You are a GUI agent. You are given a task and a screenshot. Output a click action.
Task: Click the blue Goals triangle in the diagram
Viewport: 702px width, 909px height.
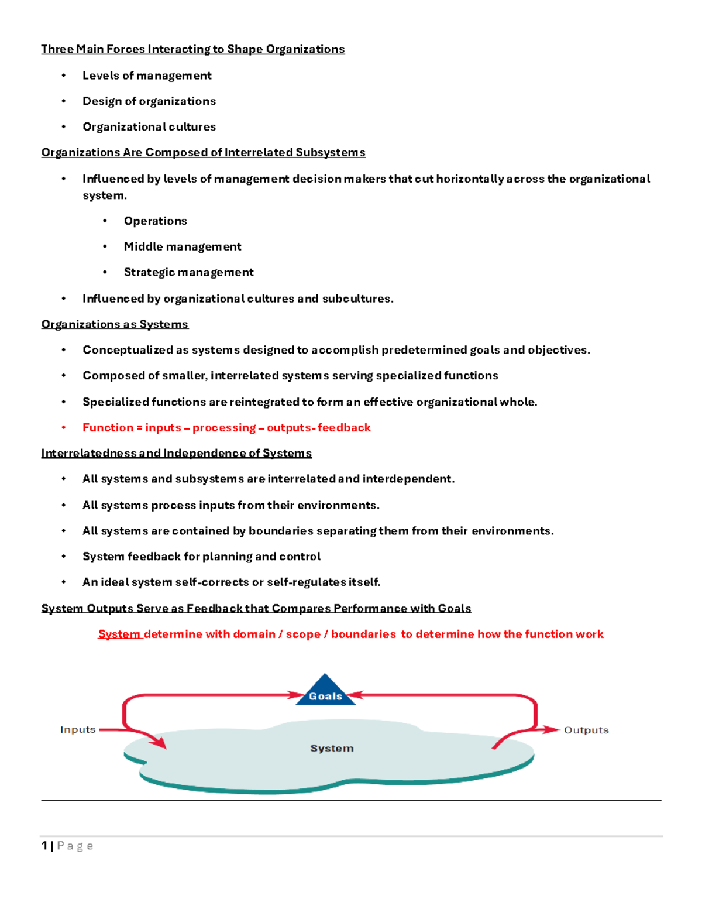(325, 692)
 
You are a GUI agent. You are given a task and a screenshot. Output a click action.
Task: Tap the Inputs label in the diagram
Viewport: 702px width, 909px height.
(78, 730)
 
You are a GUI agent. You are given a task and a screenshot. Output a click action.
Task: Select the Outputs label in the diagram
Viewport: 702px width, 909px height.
(586, 730)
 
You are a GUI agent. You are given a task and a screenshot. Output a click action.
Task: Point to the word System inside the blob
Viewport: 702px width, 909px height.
(332, 749)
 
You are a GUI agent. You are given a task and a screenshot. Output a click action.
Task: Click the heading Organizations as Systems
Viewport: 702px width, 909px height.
(115, 324)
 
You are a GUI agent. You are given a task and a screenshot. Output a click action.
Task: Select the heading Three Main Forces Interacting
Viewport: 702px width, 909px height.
(192, 49)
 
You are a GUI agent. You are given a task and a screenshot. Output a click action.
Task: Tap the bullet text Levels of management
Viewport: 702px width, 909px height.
(147, 76)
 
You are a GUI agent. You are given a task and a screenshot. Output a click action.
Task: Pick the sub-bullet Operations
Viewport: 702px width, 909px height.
(155, 221)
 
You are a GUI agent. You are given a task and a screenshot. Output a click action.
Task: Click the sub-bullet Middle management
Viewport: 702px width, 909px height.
(183, 247)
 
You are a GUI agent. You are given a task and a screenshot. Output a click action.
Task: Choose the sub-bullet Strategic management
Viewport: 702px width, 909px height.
(188, 272)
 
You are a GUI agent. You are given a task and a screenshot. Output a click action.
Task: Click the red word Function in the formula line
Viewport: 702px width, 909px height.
(108, 428)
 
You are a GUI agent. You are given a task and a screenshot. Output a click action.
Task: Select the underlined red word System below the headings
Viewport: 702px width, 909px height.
(119, 634)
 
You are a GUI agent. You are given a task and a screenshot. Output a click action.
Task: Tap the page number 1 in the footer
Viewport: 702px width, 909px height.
(44, 846)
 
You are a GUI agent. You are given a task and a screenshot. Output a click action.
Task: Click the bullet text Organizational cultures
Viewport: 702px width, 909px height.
(149, 127)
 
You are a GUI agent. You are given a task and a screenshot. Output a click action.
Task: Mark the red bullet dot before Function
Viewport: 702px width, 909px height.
(64, 428)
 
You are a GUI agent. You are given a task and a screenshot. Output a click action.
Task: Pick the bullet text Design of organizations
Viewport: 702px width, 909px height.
(149, 101)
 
